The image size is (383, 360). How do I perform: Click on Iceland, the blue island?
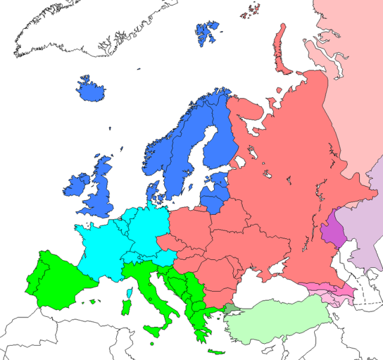pyautogui.click(x=91, y=91)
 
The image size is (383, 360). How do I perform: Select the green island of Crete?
pyautogui.click(x=213, y=352)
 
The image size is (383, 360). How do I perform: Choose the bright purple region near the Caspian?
pyautogui.click(x=333, y=233)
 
